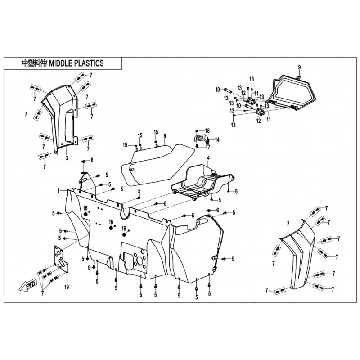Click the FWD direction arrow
27,286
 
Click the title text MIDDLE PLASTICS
76,63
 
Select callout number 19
67,287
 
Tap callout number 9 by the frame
299,67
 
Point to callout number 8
165,136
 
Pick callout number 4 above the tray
208,158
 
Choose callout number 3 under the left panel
67,158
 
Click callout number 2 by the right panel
288,223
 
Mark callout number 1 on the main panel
59,190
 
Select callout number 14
217,139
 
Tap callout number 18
207,131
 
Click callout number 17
208,147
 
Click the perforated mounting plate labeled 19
61,258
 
